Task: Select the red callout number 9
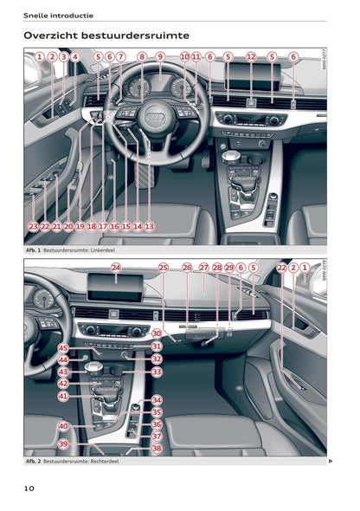(x=160, y=57)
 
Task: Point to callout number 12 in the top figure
(x=251, y=57)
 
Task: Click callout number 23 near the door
(x=33, y=226)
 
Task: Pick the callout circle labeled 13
(x=149, y=226)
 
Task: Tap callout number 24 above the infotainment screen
(x=115, y=268)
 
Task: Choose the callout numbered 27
(x=204, y=268)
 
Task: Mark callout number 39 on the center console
(x=63, y=443)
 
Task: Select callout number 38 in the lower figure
(x=157, y=449)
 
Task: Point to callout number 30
(x=157, y=333)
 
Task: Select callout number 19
(x=80, y=226)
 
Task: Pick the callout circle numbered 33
(x=157, y=372)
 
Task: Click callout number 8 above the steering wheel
(x=142, y=57)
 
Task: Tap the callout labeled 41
(x=63, y=396)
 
